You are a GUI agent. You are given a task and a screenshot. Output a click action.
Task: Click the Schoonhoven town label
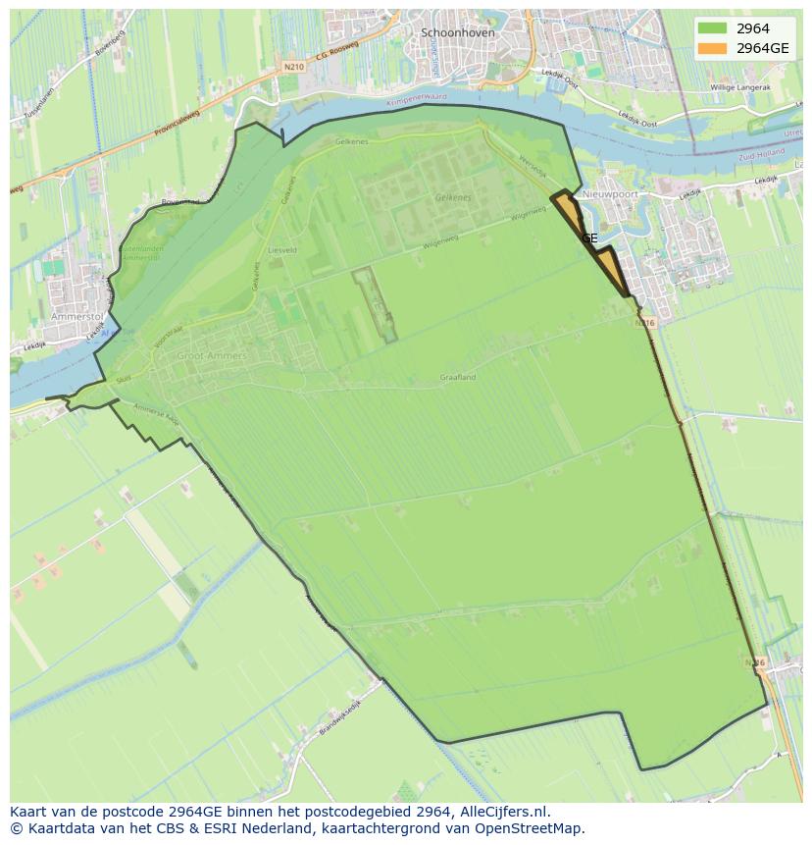pos(458,32)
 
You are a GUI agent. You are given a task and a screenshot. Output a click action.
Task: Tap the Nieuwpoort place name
pos(610,194)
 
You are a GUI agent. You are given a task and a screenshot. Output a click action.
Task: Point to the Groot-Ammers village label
pos(212,355)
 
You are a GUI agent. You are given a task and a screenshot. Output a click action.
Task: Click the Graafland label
pos(458,377)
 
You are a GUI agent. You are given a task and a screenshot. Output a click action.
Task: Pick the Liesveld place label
pos(281,250)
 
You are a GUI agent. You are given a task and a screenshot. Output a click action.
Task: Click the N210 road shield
pos(291,67)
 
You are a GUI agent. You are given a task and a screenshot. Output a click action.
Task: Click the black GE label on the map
pos(589,238)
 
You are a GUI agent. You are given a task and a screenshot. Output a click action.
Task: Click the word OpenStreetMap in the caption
pos(530,828)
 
